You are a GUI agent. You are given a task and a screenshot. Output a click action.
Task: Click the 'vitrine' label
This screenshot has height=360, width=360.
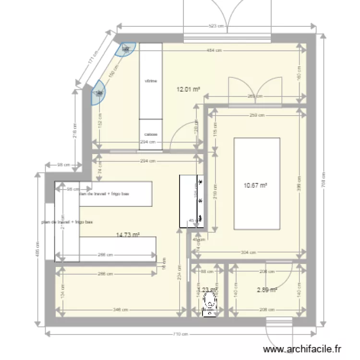click(x=151, y=81)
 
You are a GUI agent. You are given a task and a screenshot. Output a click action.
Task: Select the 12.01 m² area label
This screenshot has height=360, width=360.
click(x=188, y=89)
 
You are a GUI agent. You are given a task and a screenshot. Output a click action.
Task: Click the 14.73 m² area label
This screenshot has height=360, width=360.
click(x=128, y=235)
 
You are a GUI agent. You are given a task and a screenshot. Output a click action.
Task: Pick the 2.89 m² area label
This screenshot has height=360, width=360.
click(x=267, y=289)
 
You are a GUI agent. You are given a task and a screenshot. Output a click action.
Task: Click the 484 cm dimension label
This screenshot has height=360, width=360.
click(x=214, y=50)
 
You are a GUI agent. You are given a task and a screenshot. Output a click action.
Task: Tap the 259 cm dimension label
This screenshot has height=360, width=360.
click(x=257, y=115)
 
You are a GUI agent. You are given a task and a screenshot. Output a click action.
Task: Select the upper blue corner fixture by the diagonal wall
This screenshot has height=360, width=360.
click(x=127, y=48)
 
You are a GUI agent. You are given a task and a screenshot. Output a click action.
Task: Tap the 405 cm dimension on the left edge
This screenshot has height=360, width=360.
click(x=38, y=250)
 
